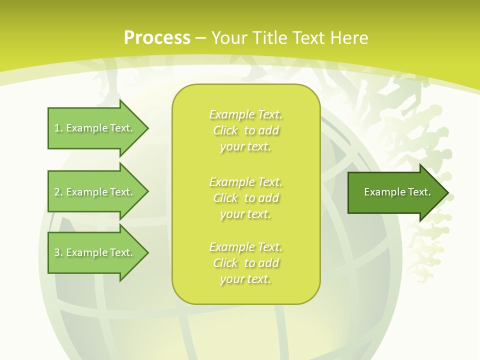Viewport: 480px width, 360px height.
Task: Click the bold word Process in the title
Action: [x=157, y=38]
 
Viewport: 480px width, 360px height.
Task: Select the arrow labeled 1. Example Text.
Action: [x=95, y=128]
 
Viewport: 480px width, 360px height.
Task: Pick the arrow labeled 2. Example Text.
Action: [x=95, y=192]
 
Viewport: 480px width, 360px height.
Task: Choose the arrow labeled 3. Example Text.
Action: [x=95, y=252]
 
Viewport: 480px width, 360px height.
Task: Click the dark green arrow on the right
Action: [x=395, y=192]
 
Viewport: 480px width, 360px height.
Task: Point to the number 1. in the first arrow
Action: [x=58, y=128]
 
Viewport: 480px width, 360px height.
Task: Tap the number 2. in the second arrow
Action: [x=58, y=192]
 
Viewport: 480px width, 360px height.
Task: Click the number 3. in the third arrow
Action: [x=58, y=252]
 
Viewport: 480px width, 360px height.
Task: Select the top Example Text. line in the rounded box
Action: [x=245, y=115]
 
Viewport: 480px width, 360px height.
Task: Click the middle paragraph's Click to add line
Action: [x=245, y=198]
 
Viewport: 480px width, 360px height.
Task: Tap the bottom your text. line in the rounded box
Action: [x=245, y=279]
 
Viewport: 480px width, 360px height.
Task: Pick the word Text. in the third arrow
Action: [x=121, y=252]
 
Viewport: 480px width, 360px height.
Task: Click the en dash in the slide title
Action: [x=201, y=38]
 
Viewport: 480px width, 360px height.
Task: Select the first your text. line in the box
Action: [x=245, y=147]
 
